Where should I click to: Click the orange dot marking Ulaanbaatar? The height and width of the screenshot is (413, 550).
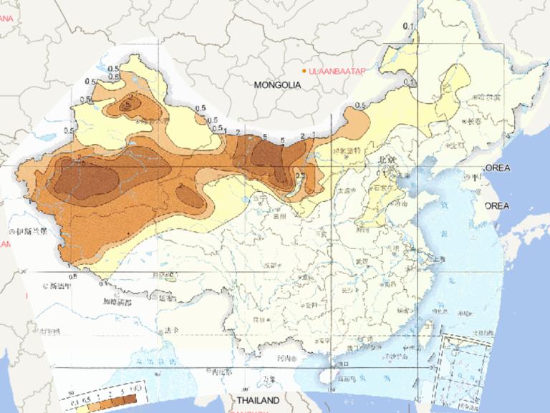tap(304, 71)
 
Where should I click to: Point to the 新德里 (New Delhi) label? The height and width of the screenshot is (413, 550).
tap(61, 286)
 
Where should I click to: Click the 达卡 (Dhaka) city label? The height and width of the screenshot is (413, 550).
tap(170, 330)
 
